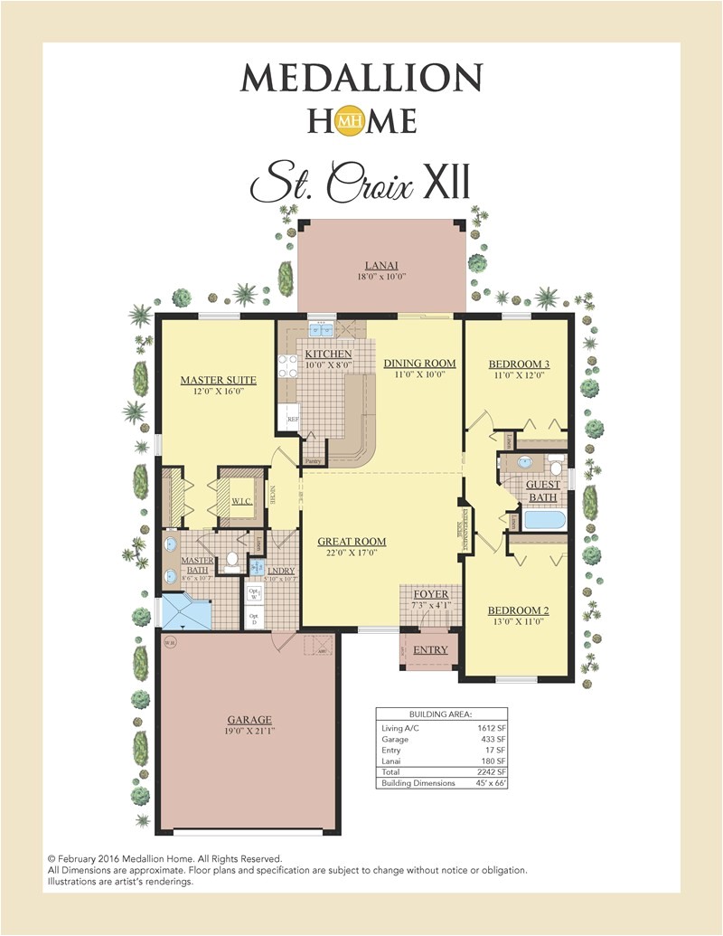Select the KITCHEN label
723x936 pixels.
(x=327, y=354)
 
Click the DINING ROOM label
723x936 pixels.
(x=419, y=364)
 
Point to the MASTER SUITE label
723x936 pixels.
(x=218, y=381)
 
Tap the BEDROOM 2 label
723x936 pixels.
(x=518, y=610)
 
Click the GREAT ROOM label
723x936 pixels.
(x=352, y=542)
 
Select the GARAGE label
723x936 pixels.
(x=249, y=720)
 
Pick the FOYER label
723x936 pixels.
(x=430, y=594)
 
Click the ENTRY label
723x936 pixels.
(x=430, y=650)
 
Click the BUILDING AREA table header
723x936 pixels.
(x=440, y=714)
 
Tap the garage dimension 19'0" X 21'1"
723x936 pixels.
(x=249, y=732)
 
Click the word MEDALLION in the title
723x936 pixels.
(x=361, y=78)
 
